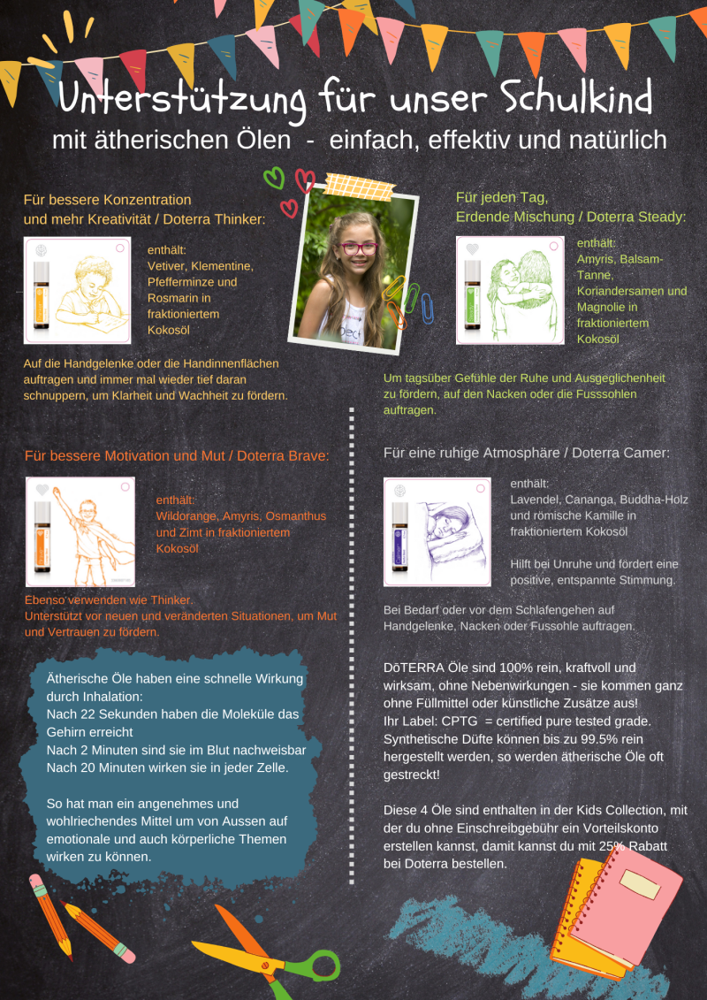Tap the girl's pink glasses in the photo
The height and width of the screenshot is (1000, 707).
tap(358, 248)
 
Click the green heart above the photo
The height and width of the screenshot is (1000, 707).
tap(274, 178)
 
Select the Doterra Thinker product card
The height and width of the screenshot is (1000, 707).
tap(77, 290)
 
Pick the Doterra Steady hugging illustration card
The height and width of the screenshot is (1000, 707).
tap(510, 290)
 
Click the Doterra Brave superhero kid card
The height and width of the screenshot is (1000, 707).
tap(80, 532)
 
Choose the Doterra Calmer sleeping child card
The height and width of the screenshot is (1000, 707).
tap(437, 532)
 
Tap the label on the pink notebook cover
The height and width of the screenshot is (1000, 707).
tap(640, 884)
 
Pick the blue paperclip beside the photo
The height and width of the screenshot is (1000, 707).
tap(427, 308)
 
